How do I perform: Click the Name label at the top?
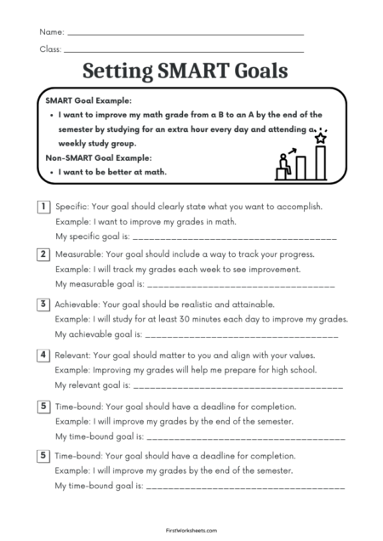coord(51,31)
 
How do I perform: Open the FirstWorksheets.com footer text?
coord(191,528)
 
